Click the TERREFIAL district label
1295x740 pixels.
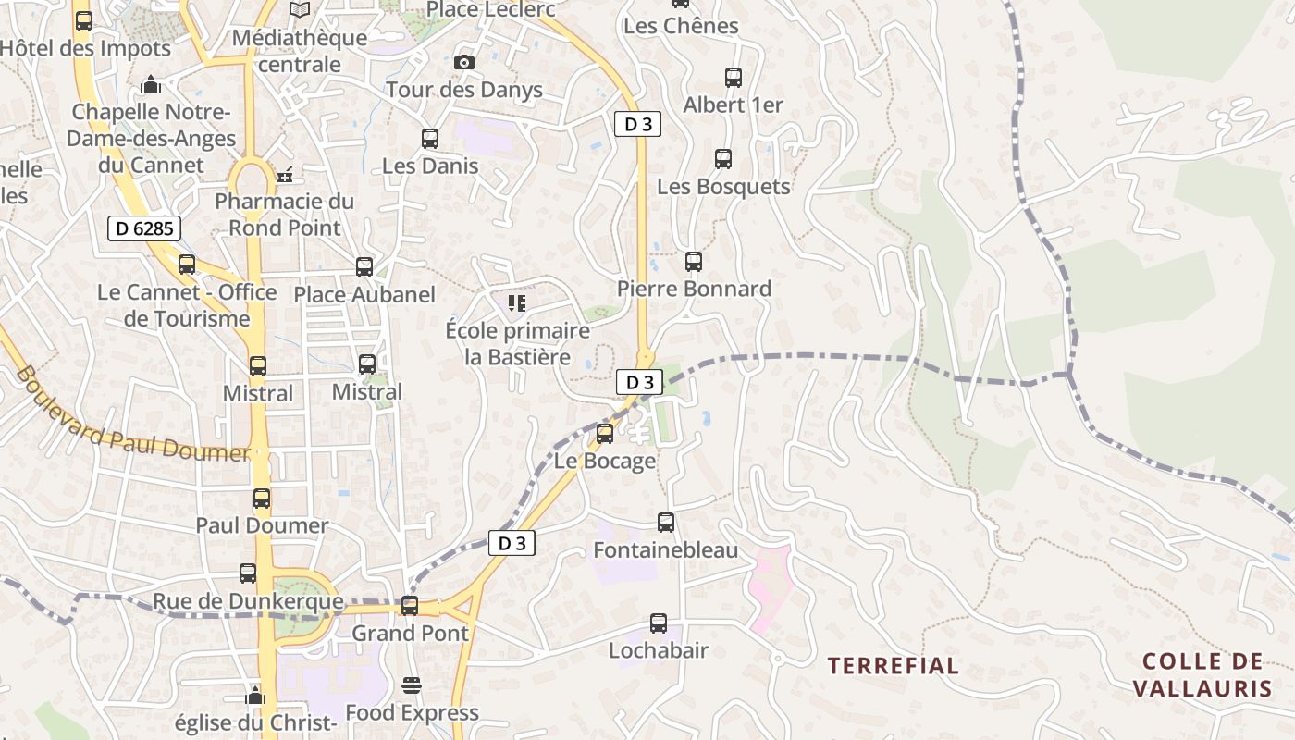(893, 665)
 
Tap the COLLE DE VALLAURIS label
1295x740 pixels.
(1202, 674)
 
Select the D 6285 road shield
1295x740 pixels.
(143, 228)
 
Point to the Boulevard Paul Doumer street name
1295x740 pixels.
(132, 414)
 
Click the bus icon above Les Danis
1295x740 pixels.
(430, 139)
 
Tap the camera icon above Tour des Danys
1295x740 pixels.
(464, 62)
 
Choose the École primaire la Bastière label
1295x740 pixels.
(517, 343)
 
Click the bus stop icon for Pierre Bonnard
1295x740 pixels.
(694, 262)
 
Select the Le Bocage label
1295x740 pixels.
(605, 461)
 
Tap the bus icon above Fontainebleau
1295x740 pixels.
(666, 523)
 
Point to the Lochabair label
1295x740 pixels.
(658, 650)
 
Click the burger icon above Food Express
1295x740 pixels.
(412, 685)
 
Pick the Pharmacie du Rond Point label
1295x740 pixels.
(285, 214)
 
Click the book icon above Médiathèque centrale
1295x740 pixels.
(299, 10)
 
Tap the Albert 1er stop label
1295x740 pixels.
(733, 105)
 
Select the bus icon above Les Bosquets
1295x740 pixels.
(723, 159)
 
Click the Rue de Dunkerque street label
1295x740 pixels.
(248, 602)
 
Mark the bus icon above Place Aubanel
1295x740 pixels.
(364, 267)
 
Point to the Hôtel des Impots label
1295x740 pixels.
(85, 48)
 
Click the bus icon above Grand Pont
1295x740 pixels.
(410, 606)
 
